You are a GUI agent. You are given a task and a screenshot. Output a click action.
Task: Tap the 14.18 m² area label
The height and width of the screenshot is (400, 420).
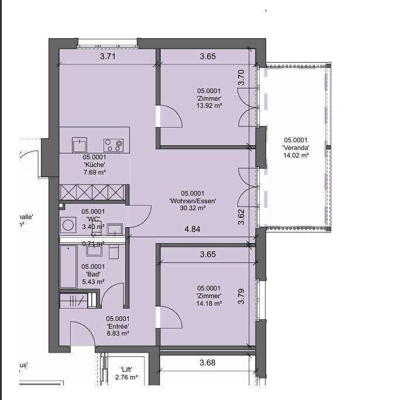[x=209, y=303]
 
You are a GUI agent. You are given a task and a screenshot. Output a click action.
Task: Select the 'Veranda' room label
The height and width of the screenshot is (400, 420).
[x=296, y=148]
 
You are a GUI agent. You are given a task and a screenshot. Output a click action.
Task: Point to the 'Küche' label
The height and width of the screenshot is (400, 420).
[x=94, y=165]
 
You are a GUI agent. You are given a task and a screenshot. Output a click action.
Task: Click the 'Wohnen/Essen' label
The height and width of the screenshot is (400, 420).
[x=193, y=201]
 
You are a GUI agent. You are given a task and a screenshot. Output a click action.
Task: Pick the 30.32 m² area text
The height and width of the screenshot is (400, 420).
[x=193, y=208]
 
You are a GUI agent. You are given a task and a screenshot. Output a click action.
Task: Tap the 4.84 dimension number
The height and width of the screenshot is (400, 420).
[x=192, y=229]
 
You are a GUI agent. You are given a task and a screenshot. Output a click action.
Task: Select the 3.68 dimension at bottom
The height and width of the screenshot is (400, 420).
[x=208, y=363]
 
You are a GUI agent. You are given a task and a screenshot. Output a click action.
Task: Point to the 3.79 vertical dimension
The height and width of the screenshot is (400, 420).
[x=242, y=296]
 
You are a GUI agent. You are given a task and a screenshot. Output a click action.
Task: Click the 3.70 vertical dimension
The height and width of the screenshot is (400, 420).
[x=241, y=78]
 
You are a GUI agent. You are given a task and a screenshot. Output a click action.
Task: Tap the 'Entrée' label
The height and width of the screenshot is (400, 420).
[x=118, y=326]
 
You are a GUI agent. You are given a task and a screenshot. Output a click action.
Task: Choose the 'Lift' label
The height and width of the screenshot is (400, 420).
[x=126, y=369]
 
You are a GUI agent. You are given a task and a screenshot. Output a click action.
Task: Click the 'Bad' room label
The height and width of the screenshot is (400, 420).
[x=92, y=274]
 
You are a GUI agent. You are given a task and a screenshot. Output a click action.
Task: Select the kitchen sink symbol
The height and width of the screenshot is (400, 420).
[x=78, y=144]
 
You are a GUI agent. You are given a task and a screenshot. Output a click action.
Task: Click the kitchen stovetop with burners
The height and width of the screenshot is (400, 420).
[x=113, y=144]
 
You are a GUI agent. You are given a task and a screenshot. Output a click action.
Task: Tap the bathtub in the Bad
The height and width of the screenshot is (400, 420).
[x=68, y=266]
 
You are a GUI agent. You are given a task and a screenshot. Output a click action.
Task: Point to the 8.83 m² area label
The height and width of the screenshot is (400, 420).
[x=118, y=333]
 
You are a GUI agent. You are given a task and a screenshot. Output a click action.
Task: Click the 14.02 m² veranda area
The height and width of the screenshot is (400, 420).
[x=296, y=155]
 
